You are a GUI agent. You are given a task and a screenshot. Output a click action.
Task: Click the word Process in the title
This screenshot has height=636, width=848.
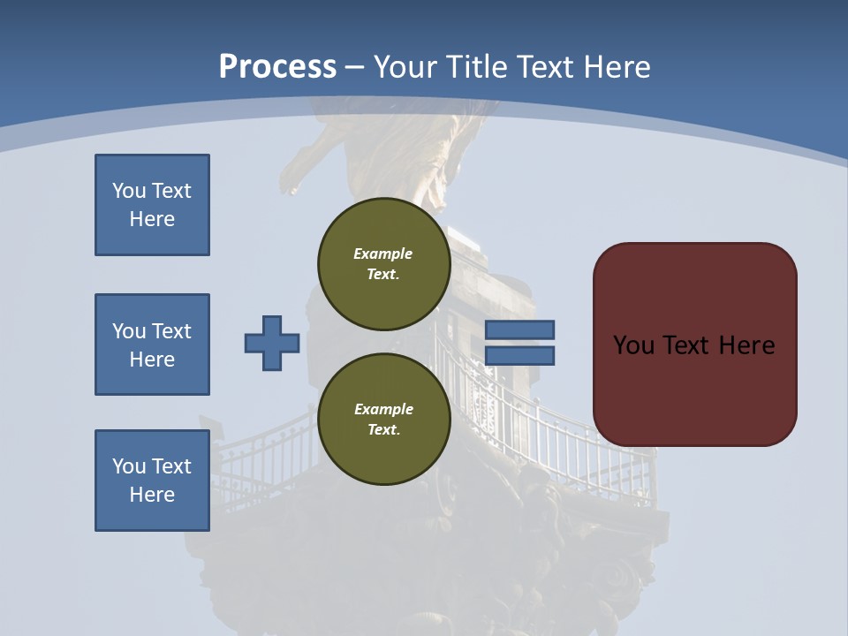pyautogui.click(x=277, y=67)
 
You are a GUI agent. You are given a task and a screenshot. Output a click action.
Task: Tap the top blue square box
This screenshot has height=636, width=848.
pyautogui.click(x=152, y=205)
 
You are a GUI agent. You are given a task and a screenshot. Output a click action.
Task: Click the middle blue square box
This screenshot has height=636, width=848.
pyautogui.click(x=152, y=344)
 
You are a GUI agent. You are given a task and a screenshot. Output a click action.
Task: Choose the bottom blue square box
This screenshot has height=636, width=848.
pyautogui.click(x=152, y=481)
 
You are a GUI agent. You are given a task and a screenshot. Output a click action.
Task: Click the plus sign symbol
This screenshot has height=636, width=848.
pyautogui.click(x=272, y=343)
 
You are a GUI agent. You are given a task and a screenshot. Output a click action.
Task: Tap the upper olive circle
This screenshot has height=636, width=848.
pyautogui.click(x=383, y=263)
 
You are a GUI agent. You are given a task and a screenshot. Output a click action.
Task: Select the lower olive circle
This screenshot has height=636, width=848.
pyautogui.click(x=383, y=419)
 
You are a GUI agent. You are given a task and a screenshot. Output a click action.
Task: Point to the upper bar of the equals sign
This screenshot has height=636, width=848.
pyautogui.click(x=519, y=329)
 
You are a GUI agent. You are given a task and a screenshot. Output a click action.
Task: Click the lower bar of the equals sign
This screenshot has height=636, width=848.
pyautogui.click(x=519, y=356)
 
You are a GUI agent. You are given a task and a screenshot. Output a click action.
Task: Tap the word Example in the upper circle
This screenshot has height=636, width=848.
pyautogui.click(x=383, y=254)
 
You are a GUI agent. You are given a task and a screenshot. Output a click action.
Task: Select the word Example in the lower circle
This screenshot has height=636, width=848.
pyautogui.click(x=383, y=409)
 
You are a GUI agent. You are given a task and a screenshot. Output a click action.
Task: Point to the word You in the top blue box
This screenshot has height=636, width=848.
pyautogui.click(x=128, y=191)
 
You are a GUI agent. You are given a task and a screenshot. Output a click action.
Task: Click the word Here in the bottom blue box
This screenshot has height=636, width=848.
pyautogui.click(x=152, y=495)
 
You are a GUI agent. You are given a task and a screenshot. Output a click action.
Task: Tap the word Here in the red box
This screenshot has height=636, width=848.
pyautogui.click(x=746, y=345)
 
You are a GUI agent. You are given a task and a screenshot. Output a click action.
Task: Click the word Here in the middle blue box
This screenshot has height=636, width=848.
pyautogui.click(x=152, y=360)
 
